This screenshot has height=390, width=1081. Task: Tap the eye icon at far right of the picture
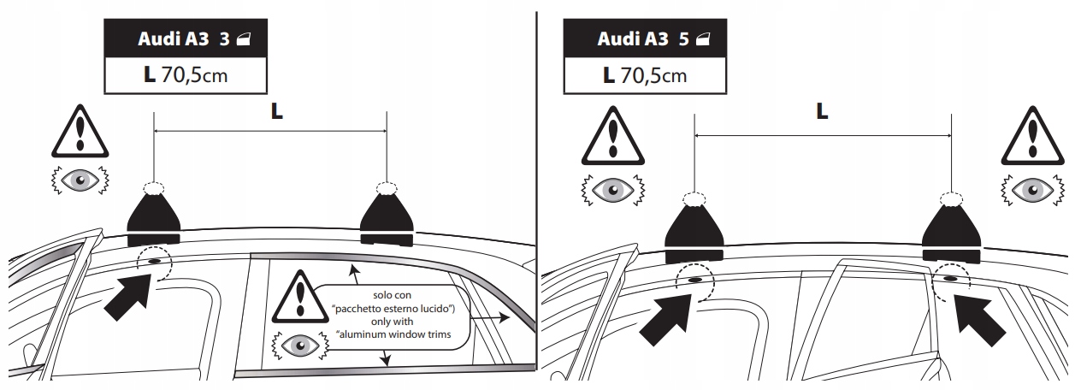coord(1031,187)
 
